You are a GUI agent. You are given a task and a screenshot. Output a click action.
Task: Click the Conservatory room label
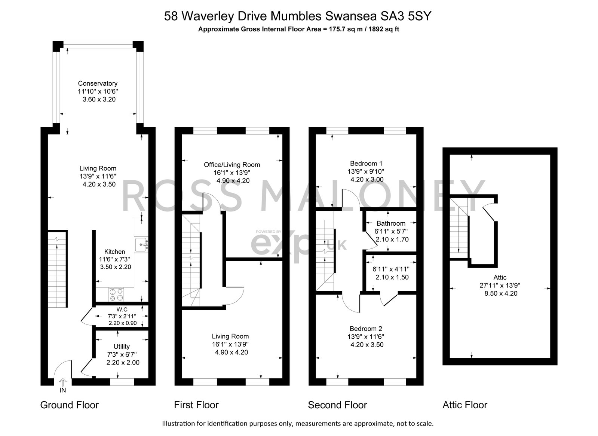tap(98, 83)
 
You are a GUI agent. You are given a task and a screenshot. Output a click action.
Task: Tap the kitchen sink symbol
tap(141, 244)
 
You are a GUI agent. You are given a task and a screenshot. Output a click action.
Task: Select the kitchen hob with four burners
tap(116, 295)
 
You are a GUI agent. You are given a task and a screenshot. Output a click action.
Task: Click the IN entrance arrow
tap(63, 382)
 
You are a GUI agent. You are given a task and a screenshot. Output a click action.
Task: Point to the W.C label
tap(122, 310)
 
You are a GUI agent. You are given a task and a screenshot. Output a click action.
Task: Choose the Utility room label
tap(122, 347)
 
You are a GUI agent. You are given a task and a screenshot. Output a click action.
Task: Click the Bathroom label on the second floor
tap(391, 223)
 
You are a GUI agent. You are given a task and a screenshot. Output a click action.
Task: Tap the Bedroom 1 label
tap(366, 163)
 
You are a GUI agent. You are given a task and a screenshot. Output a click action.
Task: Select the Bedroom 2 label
tap(366, 329)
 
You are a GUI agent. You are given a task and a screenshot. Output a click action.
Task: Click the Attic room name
tap(500, 277)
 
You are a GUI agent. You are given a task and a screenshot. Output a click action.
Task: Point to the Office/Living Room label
tap(232, 165)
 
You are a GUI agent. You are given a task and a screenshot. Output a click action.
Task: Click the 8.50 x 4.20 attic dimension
tap(501, 293)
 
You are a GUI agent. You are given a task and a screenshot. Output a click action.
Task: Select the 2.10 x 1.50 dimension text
tap(392, 277)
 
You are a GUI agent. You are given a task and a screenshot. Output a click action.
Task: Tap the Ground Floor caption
tap(70, 405)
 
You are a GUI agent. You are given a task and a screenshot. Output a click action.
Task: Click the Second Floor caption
tap(337, 405)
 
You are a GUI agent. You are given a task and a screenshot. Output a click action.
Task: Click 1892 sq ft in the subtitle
tap(384, 29)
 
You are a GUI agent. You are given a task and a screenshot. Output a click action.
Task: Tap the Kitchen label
tap(114, 251)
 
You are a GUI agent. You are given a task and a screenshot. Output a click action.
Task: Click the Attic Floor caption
tap(465, 405)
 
